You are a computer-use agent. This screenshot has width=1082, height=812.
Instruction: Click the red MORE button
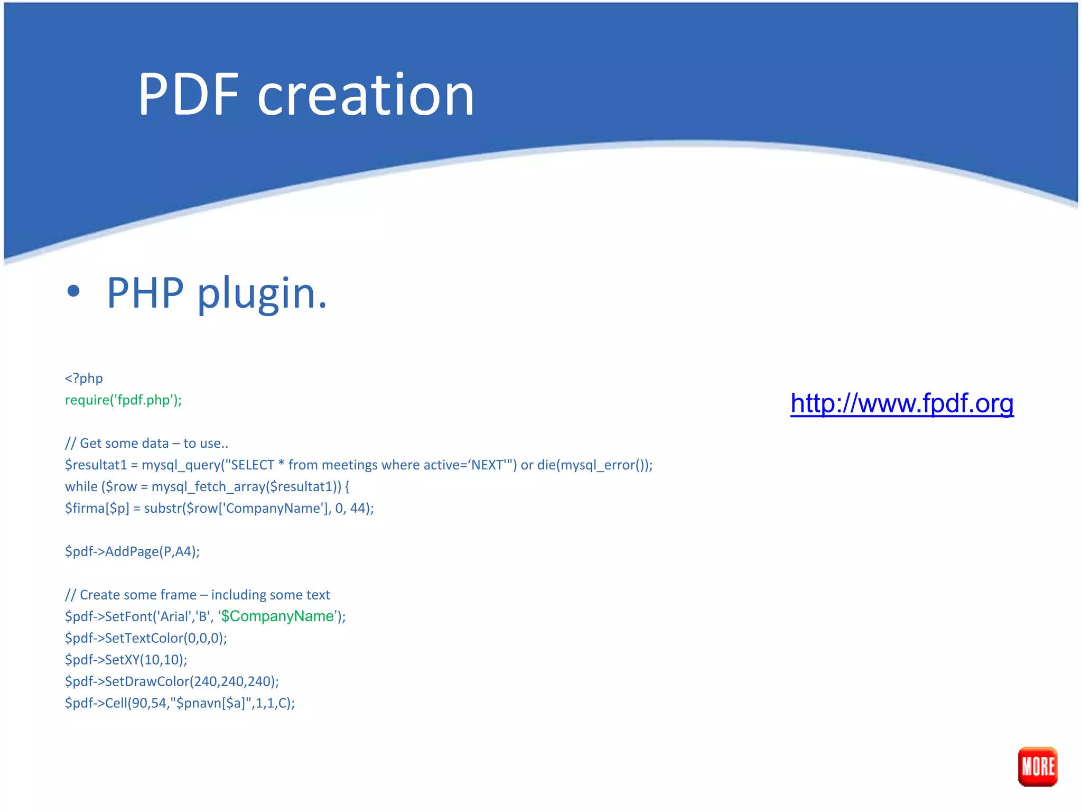click(1037, 766)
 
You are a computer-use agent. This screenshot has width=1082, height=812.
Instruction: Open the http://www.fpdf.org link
click(901, 403)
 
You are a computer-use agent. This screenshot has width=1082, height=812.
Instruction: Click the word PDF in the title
click(189, 95)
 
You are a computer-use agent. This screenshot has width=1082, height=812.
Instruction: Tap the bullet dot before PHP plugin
click(73, 291)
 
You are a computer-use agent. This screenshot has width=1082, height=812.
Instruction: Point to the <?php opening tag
click(84, 378)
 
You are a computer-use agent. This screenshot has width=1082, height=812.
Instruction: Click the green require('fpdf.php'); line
click(123, 400)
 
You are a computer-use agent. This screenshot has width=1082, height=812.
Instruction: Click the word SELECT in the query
click(253, 465)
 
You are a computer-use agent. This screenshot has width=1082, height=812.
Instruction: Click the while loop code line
click(207, 486)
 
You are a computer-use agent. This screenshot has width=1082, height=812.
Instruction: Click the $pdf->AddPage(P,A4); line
click(132, 551)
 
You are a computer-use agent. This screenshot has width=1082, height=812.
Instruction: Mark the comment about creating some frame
click(198, 595)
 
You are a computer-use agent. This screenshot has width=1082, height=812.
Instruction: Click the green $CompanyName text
click(278, 616)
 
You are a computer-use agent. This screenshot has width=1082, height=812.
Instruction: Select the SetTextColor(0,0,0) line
click(146, 638)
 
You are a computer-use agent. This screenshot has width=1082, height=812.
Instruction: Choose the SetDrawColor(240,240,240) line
click(172, 681)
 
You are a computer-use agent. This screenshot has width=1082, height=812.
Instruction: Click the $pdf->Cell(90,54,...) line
click(180, 703)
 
